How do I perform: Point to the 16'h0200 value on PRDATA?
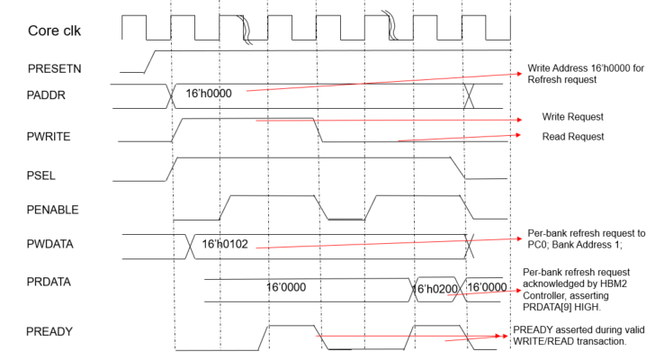click(x=436, y=289)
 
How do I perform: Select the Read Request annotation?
click(x=573, y=137)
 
